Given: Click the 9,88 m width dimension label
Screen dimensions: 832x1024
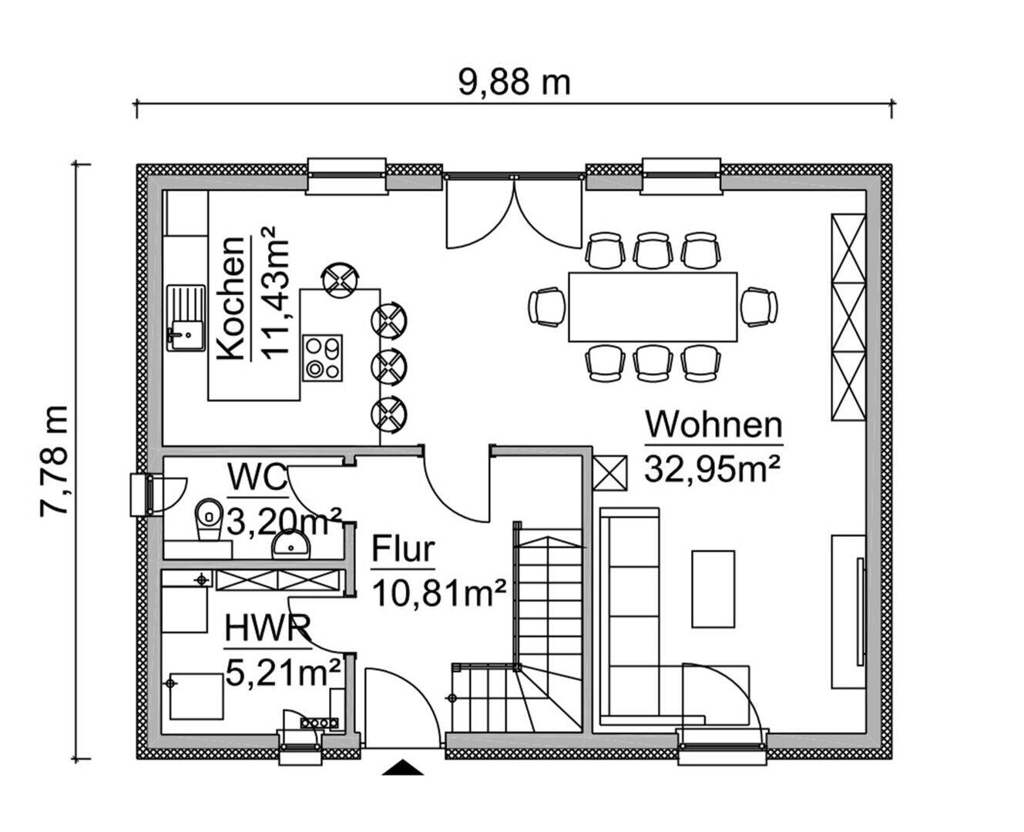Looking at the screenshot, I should point(514,81).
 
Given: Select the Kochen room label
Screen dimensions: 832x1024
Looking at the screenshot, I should point(231,298).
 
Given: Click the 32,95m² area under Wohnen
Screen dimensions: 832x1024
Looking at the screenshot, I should point(713,468).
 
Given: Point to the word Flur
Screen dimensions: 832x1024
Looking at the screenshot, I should point(403,550).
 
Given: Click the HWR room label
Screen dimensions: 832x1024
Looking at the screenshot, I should point(267,628).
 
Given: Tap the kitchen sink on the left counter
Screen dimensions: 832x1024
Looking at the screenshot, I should point(184,317).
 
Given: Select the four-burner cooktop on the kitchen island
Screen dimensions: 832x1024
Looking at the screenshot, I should point(322,357).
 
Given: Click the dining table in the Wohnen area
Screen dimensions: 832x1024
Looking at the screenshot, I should point(653,306).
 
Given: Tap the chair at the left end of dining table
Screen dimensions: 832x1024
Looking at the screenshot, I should point(547,307).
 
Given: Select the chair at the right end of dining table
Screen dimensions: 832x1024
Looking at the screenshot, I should point(759,306).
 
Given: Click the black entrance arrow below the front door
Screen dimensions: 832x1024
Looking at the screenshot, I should point(403,767).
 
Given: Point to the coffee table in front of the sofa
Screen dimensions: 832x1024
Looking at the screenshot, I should point(713,588).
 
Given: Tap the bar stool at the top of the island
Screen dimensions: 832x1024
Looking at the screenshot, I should point(340,279).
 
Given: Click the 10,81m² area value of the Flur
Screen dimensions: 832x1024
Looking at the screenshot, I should point(439,594).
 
